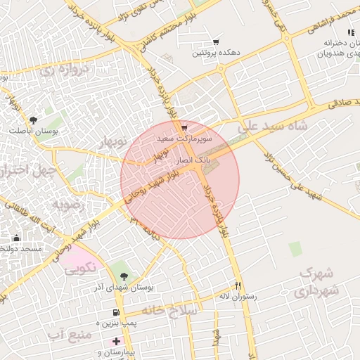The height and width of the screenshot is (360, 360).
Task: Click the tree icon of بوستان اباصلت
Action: pos(33,121)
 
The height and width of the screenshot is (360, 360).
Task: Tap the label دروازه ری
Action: pos(65,70)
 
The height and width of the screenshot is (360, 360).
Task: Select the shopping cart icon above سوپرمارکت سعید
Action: pos(184,128)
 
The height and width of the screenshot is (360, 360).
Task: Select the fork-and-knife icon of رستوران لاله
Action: pos(238,286)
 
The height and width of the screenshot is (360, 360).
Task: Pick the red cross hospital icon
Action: pos(116,341)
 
